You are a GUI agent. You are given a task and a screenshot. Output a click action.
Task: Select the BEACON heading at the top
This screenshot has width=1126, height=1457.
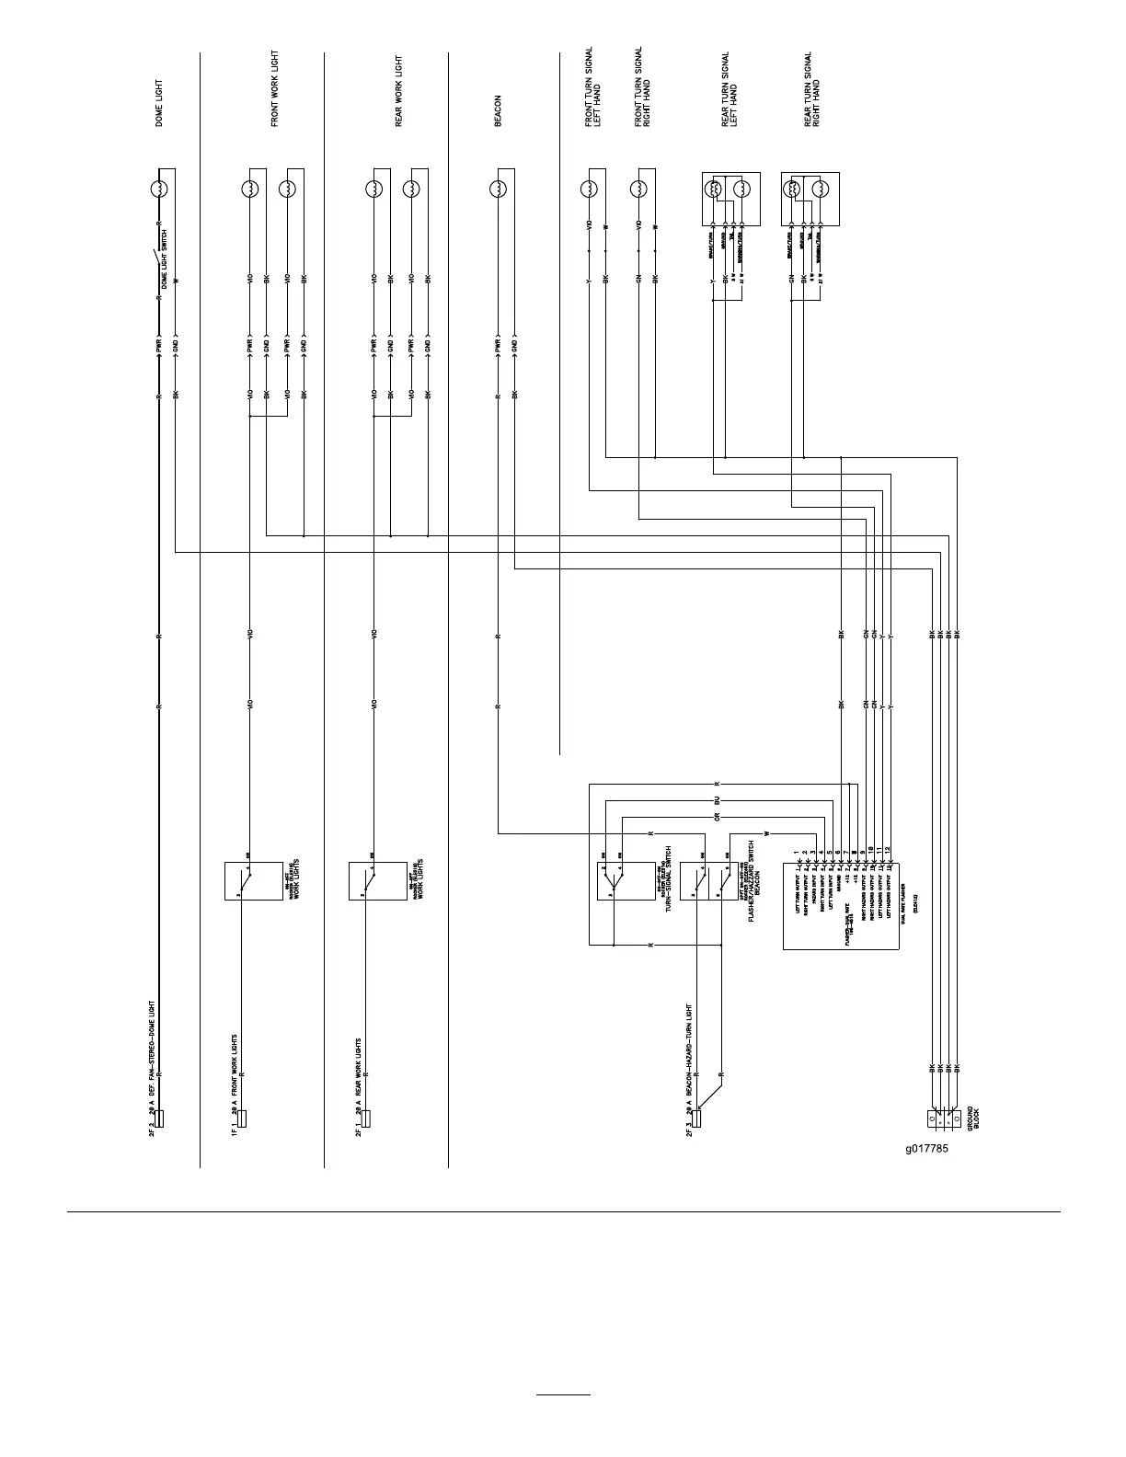coord(499,110)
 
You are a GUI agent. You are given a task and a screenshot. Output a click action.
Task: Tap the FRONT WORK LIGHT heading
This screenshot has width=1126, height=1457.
coord(275,89)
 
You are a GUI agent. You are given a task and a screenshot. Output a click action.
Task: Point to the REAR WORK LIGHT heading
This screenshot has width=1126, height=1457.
coord(399,91)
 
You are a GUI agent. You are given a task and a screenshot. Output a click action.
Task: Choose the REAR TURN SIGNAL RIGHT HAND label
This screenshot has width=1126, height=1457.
coord(812,89)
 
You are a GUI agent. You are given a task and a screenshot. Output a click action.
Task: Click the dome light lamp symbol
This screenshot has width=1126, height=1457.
coord(159,189)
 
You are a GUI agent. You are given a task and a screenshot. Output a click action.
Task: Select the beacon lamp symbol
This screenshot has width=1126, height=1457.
coord(499,189)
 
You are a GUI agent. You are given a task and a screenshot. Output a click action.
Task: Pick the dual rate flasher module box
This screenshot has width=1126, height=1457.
coord(840,906)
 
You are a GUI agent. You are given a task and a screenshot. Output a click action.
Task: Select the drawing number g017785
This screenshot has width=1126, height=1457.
coord(927,1148)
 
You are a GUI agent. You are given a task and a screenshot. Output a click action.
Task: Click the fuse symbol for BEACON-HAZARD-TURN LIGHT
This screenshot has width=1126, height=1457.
coord(697,1119)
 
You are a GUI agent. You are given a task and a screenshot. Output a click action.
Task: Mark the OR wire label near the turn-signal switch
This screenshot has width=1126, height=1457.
coord(717,817)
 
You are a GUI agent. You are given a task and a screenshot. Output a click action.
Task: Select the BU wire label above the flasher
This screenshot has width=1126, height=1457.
coord(717,800)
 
